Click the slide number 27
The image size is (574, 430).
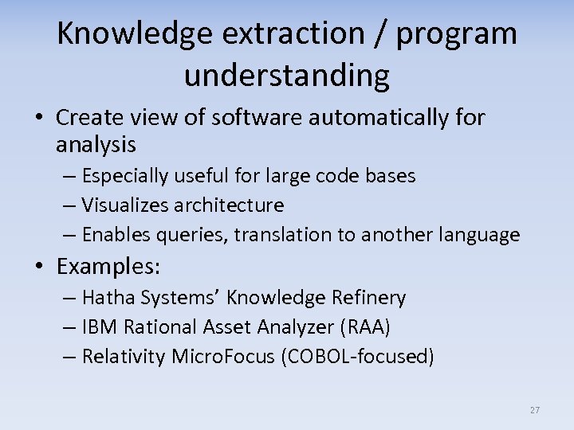click(534, 410)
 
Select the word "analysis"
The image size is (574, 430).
click(96, 145)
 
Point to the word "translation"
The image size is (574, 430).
click(265, 235)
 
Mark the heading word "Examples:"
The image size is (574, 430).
click(108, 265)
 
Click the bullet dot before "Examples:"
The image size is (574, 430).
click(41, 266)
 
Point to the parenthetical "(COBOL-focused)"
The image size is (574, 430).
click(358, 357)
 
